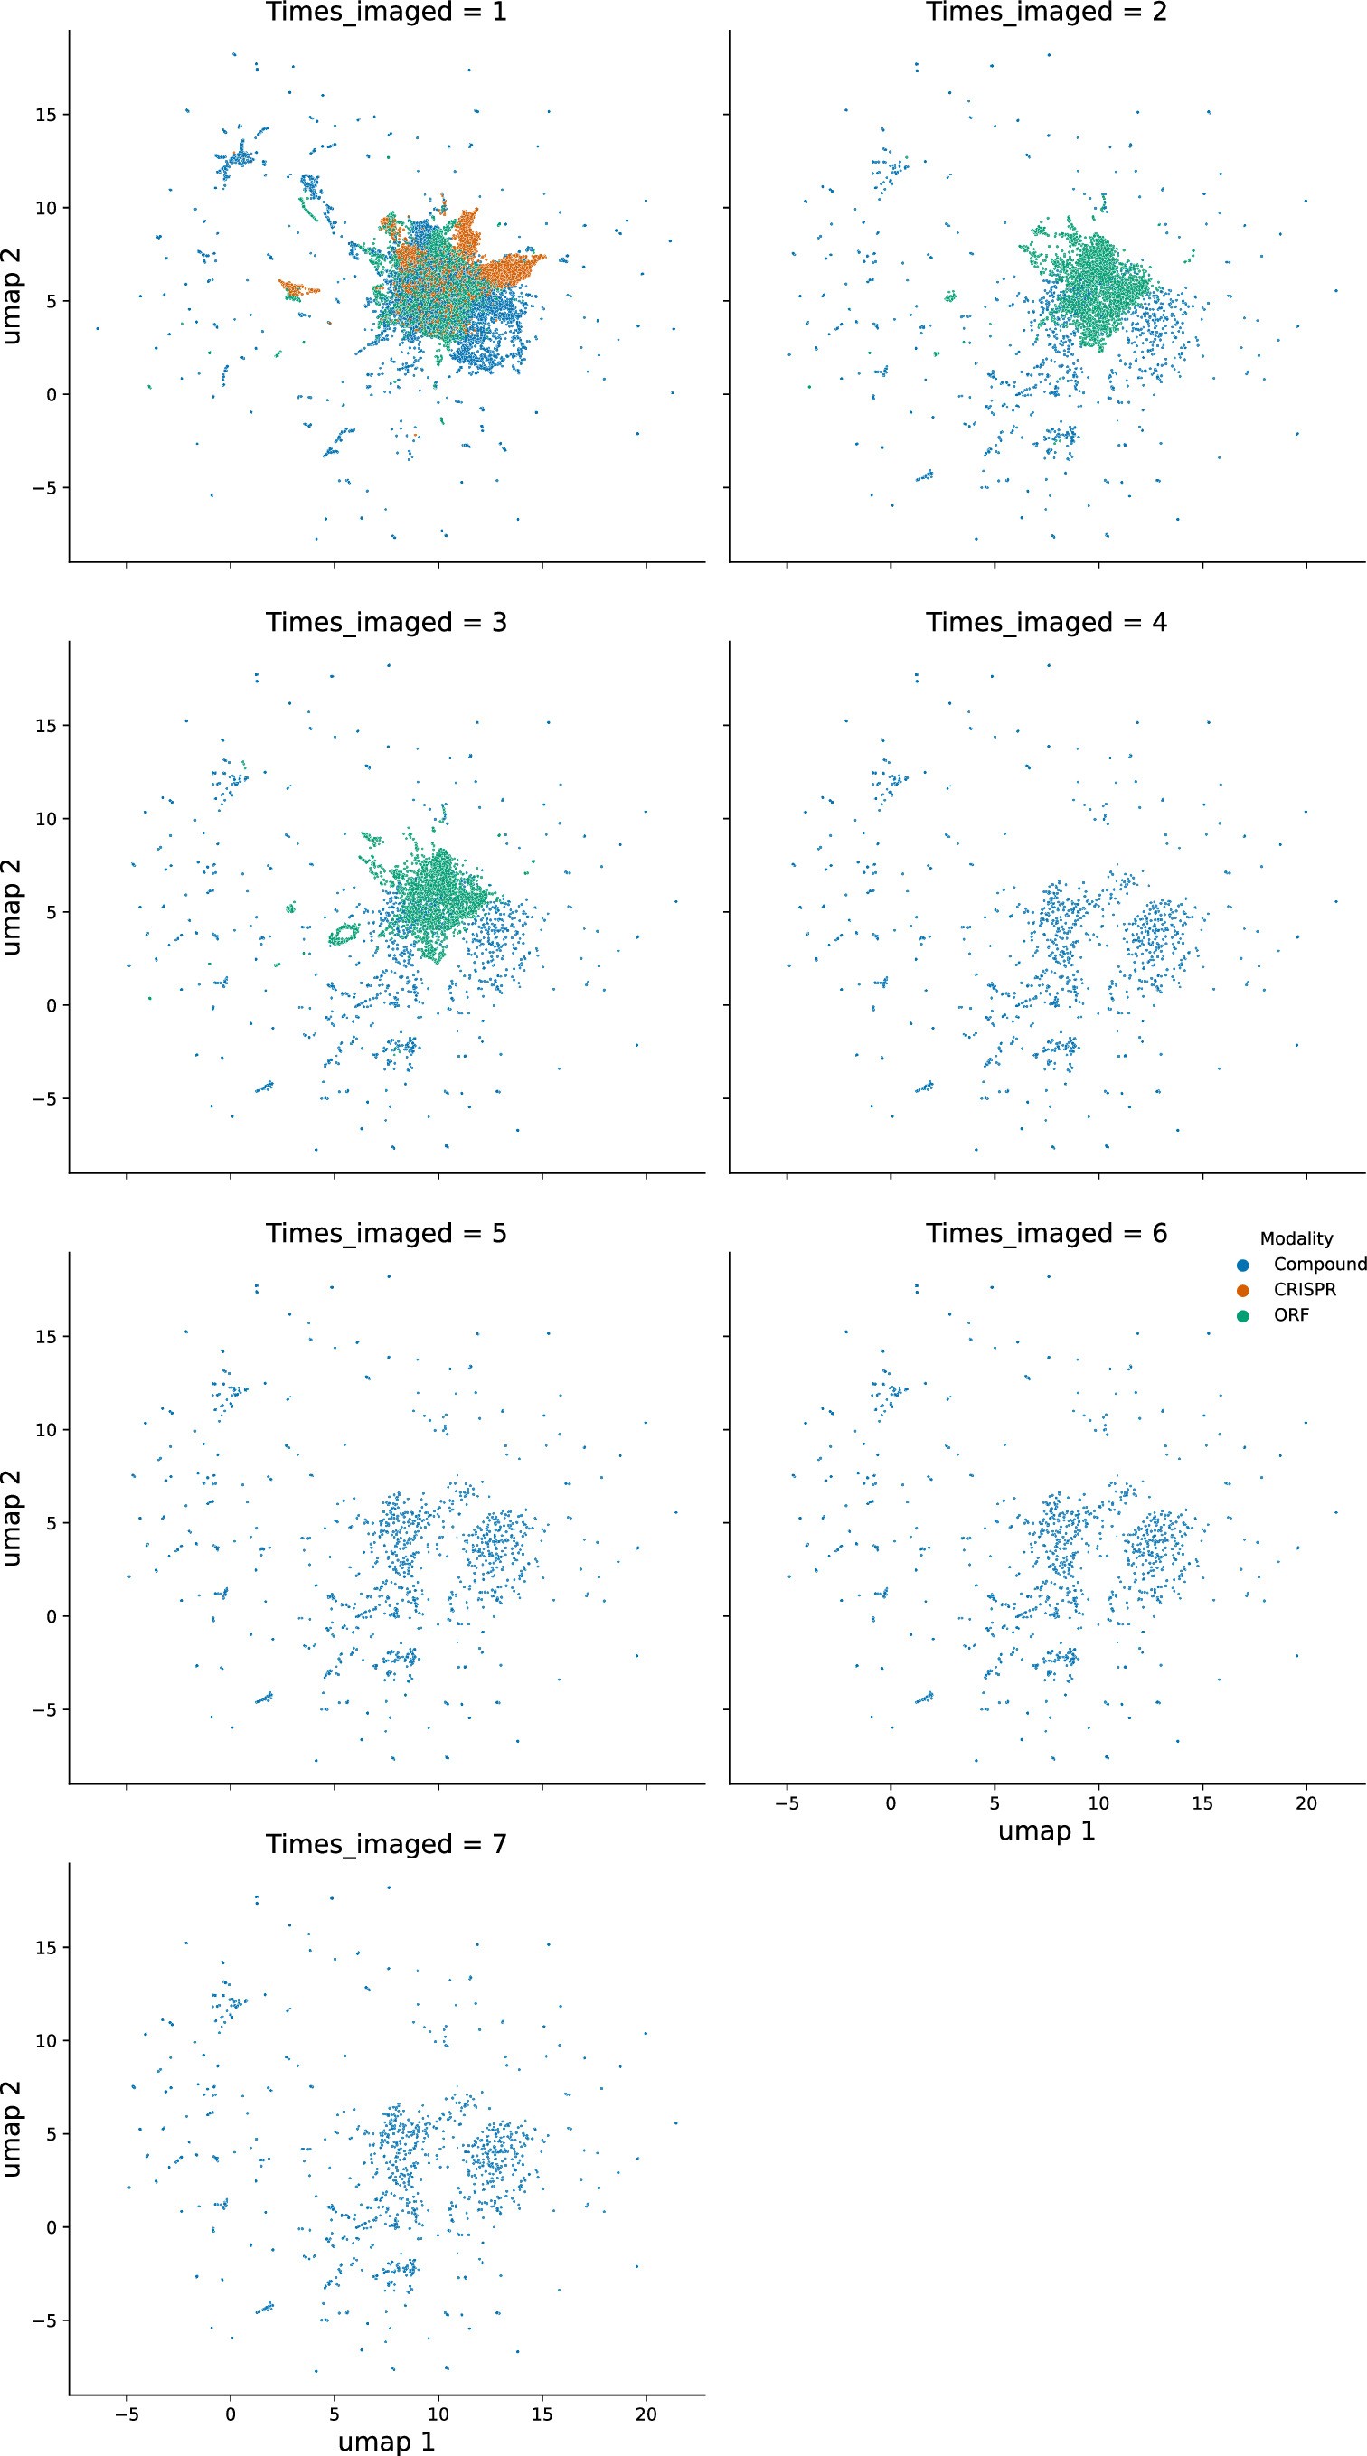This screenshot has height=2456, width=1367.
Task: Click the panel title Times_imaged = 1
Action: [x=386, y=13]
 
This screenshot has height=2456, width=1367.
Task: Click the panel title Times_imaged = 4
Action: [x=1046, y=623]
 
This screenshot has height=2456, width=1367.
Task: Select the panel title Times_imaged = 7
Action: [x=386, y=1844]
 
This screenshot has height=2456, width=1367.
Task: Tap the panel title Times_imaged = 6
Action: [x=1046, y=1234]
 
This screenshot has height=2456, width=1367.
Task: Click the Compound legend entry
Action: [x=1319, y=1265]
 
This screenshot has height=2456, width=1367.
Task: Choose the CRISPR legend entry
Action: [x=1304, y=1290]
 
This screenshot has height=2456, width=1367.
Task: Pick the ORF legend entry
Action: [x=1291, y=1314]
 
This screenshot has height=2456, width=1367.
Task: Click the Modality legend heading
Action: [x=1296, y=1238]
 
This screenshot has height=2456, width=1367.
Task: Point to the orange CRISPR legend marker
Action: [x=1242, y=1290]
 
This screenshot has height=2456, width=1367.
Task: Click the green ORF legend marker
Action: [x=1242, y=1316]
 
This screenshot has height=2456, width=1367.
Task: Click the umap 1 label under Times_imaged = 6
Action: [x=1046, y=1830]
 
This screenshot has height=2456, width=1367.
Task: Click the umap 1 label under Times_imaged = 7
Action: [x=386, y=2441]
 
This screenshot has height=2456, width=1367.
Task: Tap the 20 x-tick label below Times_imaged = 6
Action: [x=1306, y=1803]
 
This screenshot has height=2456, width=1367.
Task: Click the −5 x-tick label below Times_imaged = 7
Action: [x=126, y=2414]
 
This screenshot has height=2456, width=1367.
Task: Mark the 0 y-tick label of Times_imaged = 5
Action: [x=52, y=1616]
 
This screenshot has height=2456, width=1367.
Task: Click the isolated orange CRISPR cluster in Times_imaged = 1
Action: [x=298, y=289]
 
